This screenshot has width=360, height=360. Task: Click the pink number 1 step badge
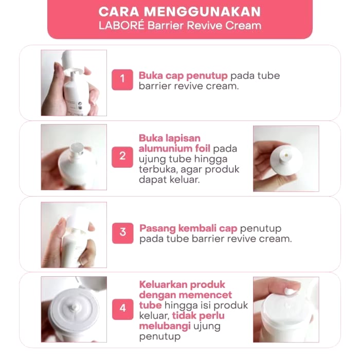122,79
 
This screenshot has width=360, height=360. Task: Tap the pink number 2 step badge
122,155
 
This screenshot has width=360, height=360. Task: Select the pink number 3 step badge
122,232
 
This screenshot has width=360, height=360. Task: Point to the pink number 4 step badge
122,309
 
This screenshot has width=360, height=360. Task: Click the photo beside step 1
74,83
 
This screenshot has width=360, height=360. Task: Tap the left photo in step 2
74,157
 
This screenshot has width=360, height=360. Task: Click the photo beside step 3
74,235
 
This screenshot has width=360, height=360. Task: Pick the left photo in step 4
74,309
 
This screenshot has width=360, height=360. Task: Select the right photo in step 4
286,309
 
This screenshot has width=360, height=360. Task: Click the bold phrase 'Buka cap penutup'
183,76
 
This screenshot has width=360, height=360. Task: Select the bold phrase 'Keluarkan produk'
182,284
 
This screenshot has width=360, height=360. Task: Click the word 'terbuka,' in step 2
157,170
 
